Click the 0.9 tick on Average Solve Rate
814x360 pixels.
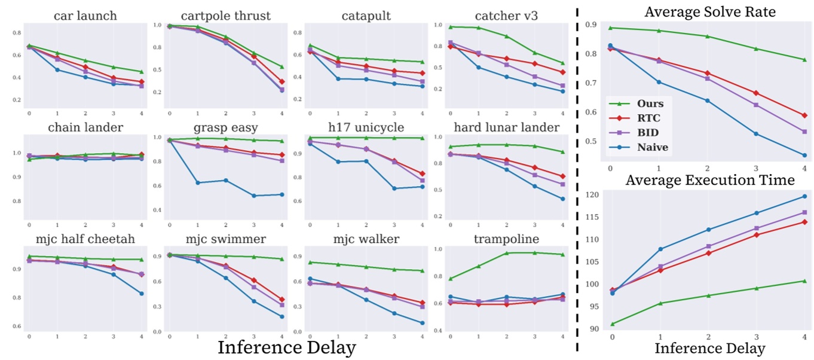tap(590, 25)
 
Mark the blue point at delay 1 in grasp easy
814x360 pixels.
tap(198, 182)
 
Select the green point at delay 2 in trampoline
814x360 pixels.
tap(506, 253)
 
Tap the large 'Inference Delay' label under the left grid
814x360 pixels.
tap(286, 347)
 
